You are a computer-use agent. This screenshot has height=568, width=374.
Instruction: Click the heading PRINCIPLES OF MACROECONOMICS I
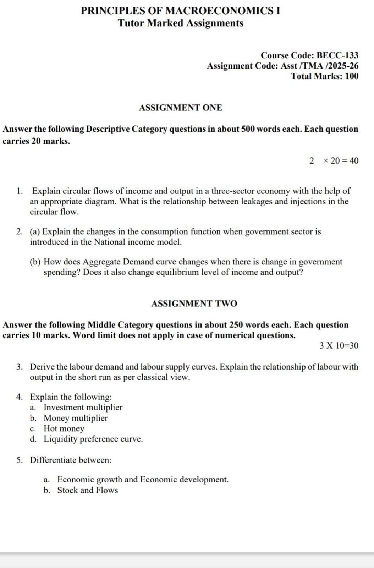click(180, 11)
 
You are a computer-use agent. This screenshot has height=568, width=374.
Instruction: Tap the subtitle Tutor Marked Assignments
click(180, 23)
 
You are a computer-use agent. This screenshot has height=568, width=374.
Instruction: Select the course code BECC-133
click(337, 55)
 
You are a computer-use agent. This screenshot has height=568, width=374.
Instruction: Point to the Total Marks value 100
click(351, 76)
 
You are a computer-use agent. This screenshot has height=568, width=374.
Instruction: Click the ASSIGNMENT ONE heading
click(180, 108)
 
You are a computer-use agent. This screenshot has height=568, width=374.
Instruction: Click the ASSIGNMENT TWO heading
click(194, 304)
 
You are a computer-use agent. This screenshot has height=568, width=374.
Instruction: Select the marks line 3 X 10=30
click(339, 345)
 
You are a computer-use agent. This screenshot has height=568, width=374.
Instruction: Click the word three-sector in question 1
click(233, 191)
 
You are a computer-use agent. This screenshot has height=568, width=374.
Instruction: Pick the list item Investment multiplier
click(83, 407)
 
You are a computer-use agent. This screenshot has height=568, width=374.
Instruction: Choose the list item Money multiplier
click(76, 418)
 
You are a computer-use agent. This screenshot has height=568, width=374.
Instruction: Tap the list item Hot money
click(64, 428)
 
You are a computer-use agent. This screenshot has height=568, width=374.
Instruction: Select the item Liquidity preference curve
click(93, 439)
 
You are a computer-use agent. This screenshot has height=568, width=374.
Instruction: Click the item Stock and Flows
click(87, 490)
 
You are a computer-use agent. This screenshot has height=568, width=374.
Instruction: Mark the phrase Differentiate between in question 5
click(70, 460)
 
